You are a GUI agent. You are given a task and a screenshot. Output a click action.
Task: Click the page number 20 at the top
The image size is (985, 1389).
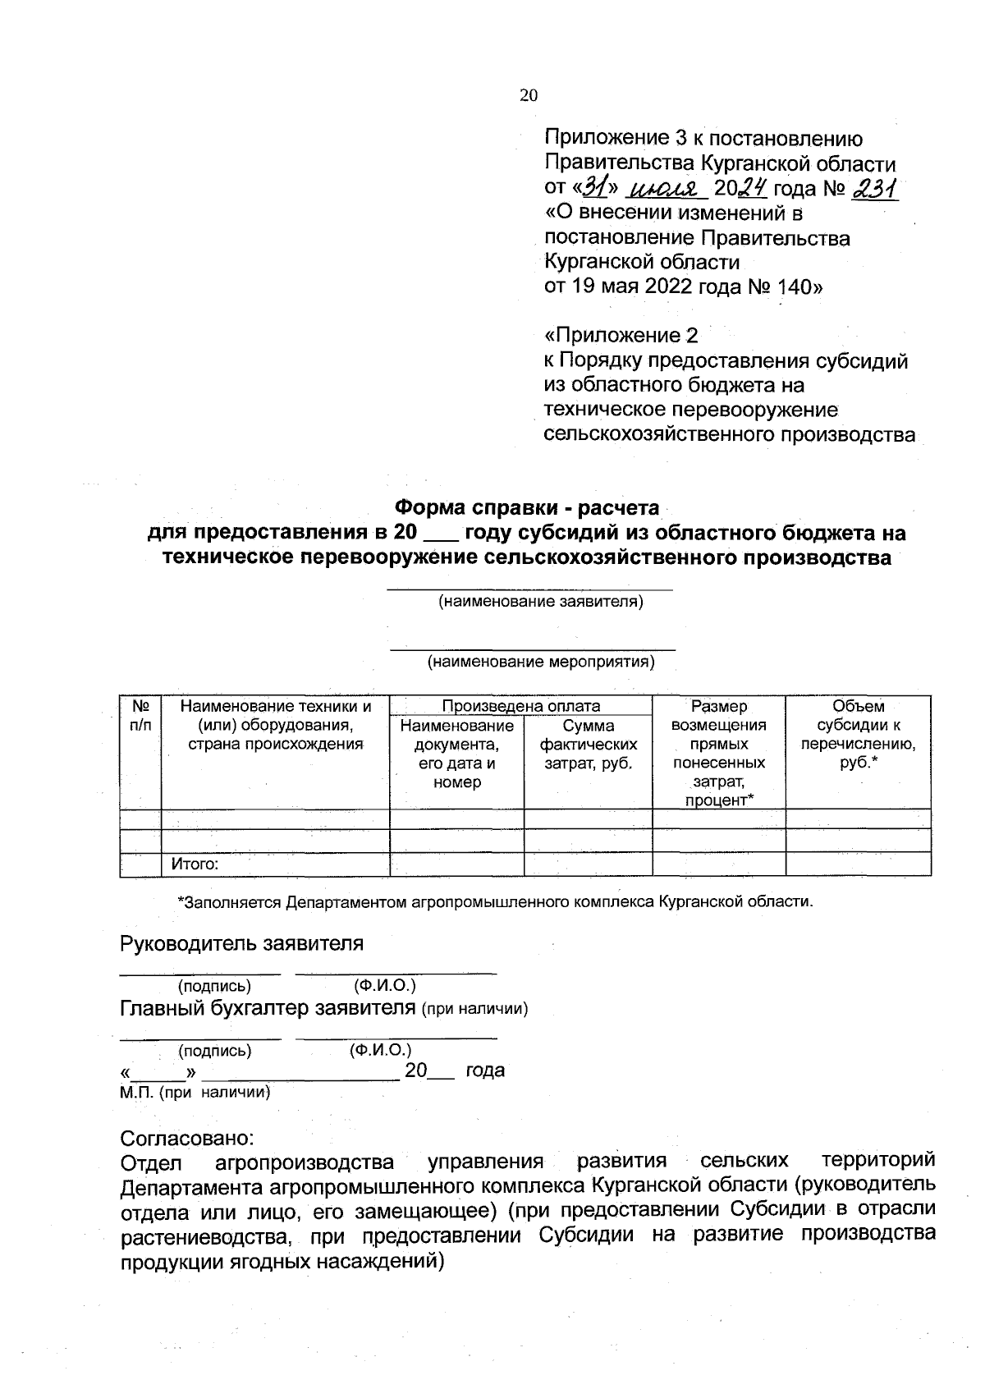click(528, 95)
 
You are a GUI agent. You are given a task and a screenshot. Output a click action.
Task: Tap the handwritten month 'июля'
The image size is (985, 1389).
click(667, 190)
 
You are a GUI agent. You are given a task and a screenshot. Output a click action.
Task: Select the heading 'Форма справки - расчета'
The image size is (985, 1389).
click(527, 508)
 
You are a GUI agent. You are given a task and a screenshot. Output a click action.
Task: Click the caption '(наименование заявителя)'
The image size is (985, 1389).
click(540, 602)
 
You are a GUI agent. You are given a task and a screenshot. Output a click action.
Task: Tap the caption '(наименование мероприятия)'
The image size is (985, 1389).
click(540, 662)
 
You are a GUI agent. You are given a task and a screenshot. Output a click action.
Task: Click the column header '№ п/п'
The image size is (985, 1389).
click(140, 715)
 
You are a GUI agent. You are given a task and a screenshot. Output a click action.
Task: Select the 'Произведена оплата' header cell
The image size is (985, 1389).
click(520, 706)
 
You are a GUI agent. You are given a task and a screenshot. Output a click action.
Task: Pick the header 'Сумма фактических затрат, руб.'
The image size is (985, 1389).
click(588, 745)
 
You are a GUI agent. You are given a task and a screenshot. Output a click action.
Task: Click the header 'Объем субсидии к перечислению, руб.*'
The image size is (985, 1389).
click(858, 735)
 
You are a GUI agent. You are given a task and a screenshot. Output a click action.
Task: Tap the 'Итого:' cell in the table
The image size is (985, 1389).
click(195, 864)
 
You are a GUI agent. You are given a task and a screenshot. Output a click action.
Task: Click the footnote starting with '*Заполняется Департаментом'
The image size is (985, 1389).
click(495, 902)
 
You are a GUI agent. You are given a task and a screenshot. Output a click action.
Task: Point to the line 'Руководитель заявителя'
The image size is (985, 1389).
click(241, 943)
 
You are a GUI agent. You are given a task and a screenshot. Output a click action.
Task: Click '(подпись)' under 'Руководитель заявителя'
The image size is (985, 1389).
click(214, 985)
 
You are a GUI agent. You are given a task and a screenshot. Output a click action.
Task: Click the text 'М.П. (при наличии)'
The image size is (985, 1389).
click(195, 1093)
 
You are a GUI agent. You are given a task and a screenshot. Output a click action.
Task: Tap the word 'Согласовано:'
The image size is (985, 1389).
click(187, 1139)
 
